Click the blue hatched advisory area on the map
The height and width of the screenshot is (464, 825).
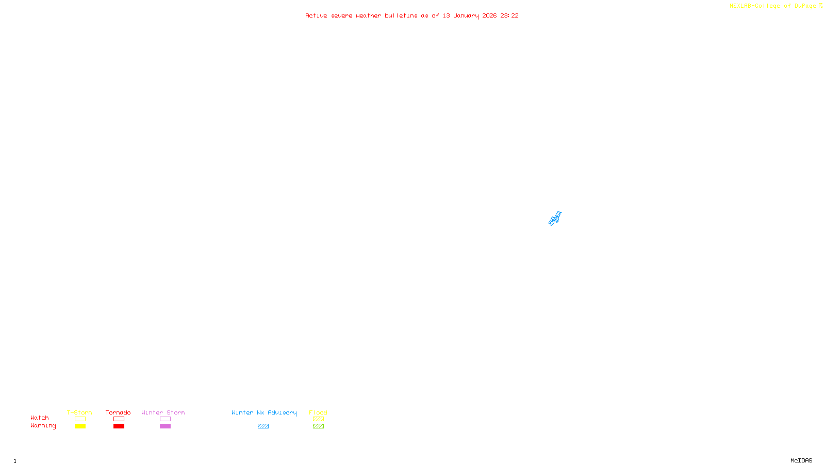[x=555, y=219]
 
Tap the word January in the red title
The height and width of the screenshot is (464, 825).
[x=466, y=15]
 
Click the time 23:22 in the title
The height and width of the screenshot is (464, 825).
[x=509, y=15]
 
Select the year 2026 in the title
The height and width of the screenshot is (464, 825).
[x=489, y=15]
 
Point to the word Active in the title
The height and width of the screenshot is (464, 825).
[x=316, y=15]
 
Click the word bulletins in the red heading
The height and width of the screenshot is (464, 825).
[x=401, y=15]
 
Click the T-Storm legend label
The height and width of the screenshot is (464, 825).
[x=79, y=412]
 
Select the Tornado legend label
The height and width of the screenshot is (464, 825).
[x=118, y=412]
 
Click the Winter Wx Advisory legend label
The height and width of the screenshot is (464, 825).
[x=264, y=412]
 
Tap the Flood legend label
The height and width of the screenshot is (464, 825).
[x=318, y=412]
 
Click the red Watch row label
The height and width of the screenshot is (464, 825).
[x=40, y=418]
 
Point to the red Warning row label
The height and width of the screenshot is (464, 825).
[x=43, y=426]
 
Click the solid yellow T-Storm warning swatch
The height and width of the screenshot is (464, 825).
[x=80, y=426]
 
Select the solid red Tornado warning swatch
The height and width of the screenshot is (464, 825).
[x=119, y=426]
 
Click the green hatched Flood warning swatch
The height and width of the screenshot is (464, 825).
[x=318, y=426]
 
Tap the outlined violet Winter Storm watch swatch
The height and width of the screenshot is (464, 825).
[x=165, y=419]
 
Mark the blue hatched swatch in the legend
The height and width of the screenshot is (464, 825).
[x=263, y=426]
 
